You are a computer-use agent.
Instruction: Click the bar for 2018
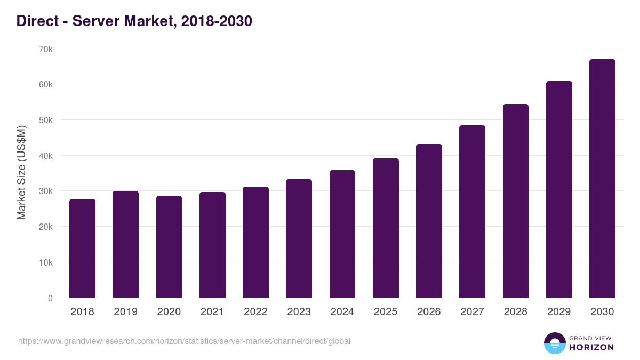pos(82,249)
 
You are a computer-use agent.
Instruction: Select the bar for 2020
pos(169,247)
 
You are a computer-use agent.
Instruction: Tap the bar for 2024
pos(342,234)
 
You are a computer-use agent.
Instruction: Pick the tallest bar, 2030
pos(602,179)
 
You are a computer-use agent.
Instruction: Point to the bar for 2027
pos(472,212)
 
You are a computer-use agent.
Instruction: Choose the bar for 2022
pos(255,242)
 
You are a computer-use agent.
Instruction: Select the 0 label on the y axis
pos(50,298)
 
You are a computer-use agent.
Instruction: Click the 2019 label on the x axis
pos(125,312)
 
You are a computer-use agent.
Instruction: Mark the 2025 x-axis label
pos(386,312)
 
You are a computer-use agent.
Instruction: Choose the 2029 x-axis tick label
pos(559,312)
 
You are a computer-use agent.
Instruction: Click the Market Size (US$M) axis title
pos(21,173)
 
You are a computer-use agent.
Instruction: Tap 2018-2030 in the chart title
pos(216,21)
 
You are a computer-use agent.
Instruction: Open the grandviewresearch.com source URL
pos(184,341)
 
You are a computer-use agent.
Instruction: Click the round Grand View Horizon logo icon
pos(554,343)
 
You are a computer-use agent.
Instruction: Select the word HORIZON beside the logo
pos(591,347)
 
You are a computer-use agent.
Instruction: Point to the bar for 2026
pos(429,221)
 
